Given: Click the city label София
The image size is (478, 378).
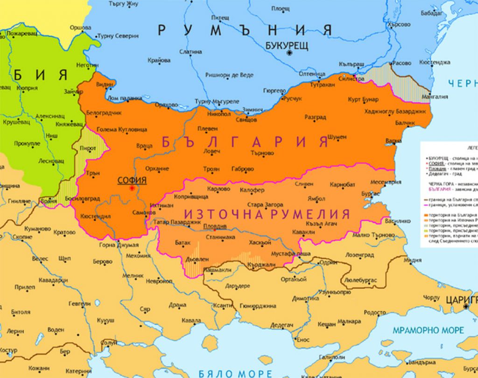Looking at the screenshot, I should point(132,180).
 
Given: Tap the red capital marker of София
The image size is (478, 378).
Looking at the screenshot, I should point(132,188).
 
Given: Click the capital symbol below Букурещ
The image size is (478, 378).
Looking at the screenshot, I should point(289,53).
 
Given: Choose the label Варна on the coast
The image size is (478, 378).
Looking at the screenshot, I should point(394,140).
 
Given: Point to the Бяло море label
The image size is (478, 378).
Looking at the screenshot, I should point(235,373).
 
